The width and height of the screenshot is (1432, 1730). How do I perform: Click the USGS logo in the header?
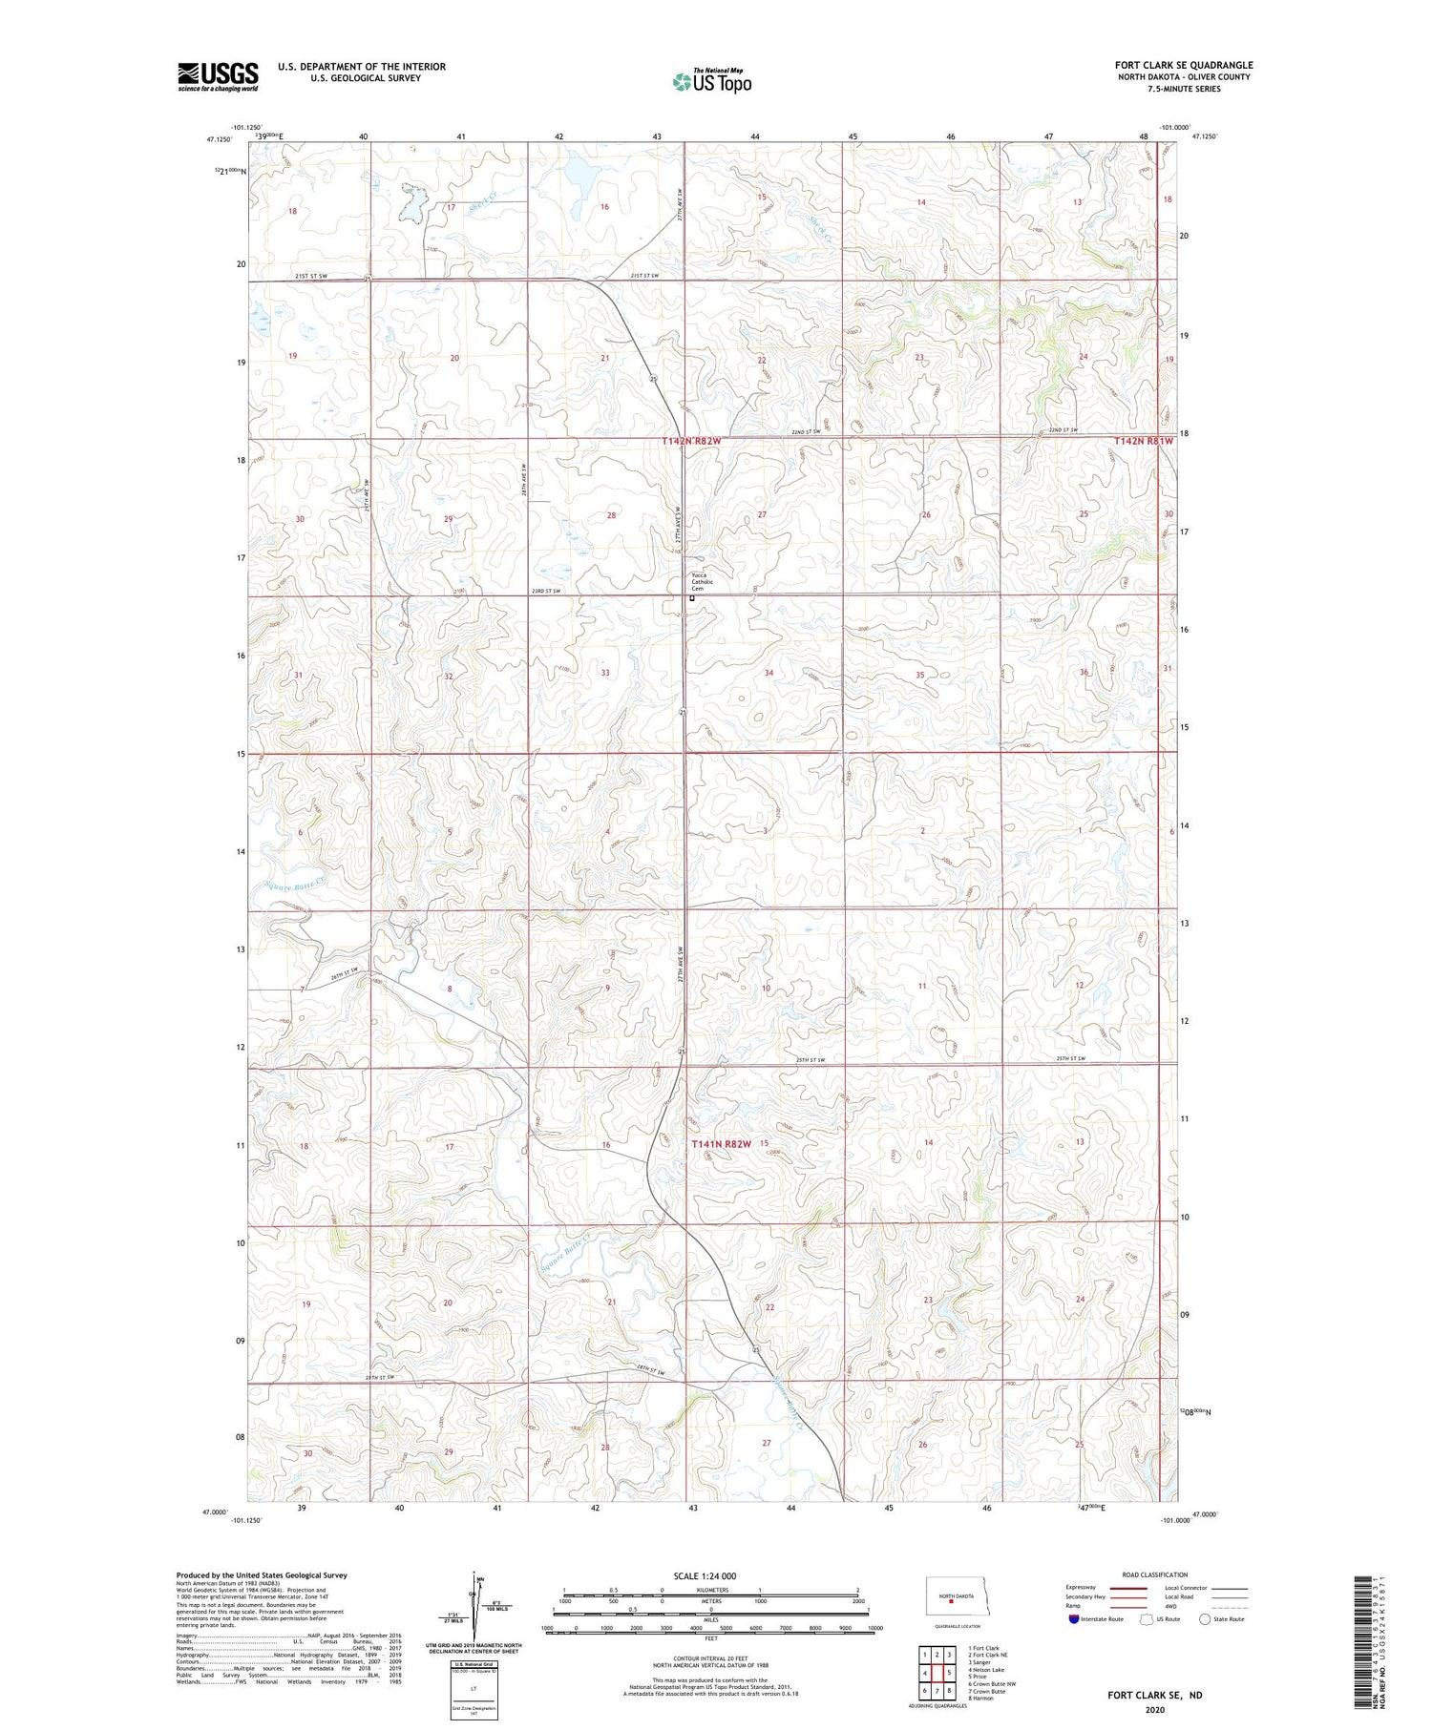[218, 76]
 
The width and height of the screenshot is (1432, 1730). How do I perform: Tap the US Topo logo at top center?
[711, 81]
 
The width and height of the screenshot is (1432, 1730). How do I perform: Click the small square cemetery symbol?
[691, 599]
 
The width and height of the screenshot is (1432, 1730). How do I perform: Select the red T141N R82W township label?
[722, 1143]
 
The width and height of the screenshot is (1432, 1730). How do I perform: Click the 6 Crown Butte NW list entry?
[991, 1684]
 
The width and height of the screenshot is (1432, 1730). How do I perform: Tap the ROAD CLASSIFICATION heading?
[1155, 1574]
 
